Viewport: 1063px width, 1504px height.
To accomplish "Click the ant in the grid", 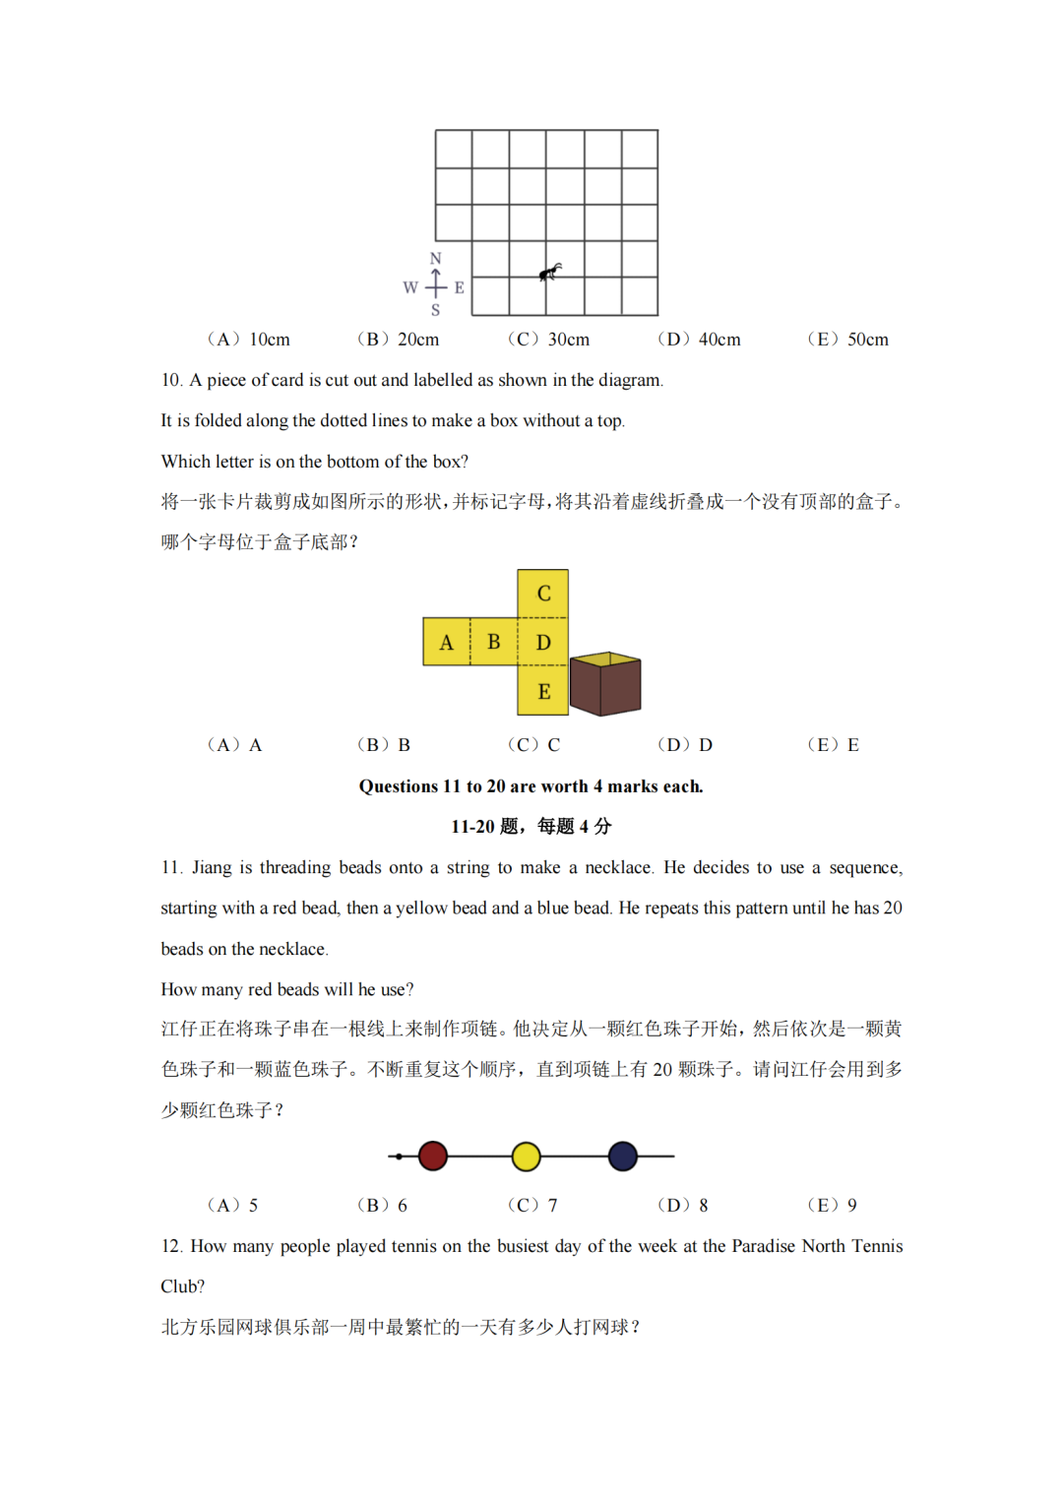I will [550, 272].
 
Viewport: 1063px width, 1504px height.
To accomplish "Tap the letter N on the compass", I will [436, 258].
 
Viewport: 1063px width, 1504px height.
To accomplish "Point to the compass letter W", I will [410, 287].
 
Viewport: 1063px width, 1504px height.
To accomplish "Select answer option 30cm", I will [549, 340].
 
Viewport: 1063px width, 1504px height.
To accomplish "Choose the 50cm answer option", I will [848, 340].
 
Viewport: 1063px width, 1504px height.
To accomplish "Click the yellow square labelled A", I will [447, 642].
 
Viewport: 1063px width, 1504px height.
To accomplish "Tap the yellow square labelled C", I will [543, 594].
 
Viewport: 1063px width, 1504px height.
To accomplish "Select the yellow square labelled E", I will [543, 691].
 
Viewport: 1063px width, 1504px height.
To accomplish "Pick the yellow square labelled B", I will [494, 642].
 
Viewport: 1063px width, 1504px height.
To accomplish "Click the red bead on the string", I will [433, 1156].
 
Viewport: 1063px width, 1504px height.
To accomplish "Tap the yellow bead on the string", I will [527, 1157].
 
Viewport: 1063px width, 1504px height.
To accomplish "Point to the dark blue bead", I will [623, 1156].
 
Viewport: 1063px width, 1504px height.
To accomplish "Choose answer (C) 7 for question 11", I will [533, 1205].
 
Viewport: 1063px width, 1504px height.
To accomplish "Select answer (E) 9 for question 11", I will [833, 1205].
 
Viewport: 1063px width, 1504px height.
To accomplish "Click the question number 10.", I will [171, 380].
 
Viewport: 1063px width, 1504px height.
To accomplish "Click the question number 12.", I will [171, 1246].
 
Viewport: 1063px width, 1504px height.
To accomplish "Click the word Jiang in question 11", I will [212, 867].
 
